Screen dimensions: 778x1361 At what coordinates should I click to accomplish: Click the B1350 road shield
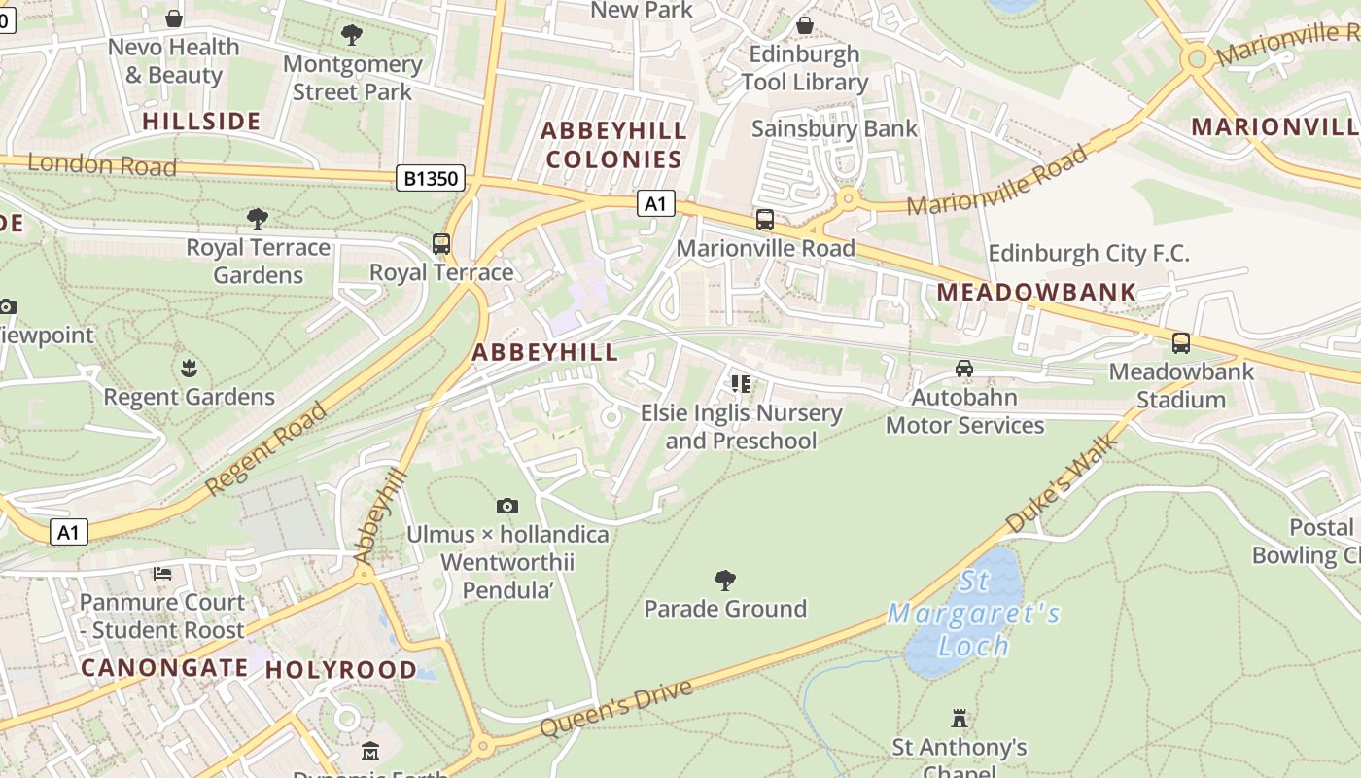click(431, 179)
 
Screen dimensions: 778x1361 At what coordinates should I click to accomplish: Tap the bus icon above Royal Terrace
click(441, 243)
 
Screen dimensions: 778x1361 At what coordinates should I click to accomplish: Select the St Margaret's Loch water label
click(973, 614)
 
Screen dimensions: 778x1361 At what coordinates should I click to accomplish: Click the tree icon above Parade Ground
click(724, 581)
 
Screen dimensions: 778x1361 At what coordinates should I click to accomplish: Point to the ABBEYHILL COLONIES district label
click(613, 145)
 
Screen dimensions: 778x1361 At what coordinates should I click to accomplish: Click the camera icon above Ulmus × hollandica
click(506, 506)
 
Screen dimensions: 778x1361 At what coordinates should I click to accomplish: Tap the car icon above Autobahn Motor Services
click(963, 368)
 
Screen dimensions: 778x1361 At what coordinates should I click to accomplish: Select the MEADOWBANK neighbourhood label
click(1036, 292)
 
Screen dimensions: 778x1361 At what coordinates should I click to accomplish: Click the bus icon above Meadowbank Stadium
click(1180, 342)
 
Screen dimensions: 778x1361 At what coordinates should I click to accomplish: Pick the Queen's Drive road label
click(616, 708)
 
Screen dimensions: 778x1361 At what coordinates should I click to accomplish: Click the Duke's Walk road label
click(1063, 483)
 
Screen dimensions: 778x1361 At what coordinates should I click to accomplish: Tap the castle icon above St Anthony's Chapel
click(960, 719)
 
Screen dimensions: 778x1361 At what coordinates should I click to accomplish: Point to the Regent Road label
click(265, 449)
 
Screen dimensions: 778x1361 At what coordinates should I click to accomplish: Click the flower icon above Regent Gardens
click(189, 368)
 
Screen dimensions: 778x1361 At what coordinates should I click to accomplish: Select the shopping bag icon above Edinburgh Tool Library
click(804, 24)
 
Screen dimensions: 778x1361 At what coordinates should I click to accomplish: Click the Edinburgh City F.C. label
click(1088, 254)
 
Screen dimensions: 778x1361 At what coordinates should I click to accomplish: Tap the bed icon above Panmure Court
click(162, 574)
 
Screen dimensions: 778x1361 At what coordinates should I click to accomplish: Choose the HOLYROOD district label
click(340, 669)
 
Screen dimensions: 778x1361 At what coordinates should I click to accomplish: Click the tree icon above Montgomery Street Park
click(352, 36)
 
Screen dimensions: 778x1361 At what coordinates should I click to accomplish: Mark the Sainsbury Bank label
click(834, 128)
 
